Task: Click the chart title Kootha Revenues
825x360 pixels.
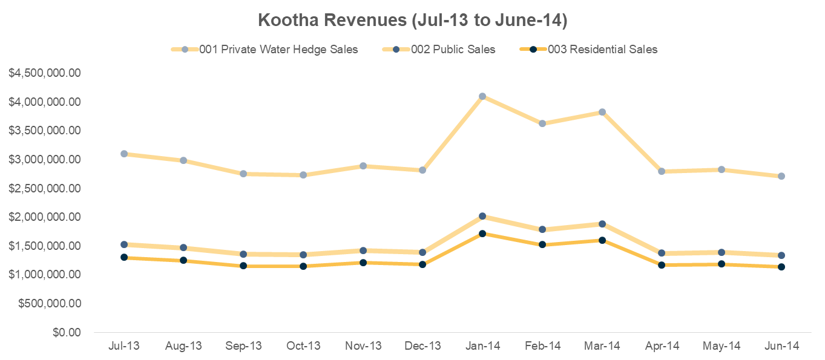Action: point(412,20)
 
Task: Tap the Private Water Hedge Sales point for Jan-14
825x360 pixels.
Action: point(482,96)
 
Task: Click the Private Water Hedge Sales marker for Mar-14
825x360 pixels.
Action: point(602,112)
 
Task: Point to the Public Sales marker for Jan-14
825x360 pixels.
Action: point(482,216)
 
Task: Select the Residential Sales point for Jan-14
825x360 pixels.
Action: point(482,234)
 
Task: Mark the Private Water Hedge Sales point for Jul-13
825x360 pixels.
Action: point(124,154)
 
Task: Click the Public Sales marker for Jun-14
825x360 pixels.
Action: point(781,255)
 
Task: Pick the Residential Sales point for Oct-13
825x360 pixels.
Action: point(303,266)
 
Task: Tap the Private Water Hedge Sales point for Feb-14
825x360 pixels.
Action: point(542,123)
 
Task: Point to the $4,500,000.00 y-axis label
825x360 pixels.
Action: point(45,73)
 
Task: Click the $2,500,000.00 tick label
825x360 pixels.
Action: point(45,188)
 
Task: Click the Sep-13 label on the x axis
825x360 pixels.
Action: point(243,346)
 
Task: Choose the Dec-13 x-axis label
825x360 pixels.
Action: point(422,346)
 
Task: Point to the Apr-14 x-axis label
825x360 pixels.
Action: point(662,346)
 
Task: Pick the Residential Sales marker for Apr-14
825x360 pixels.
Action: point(662,265)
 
